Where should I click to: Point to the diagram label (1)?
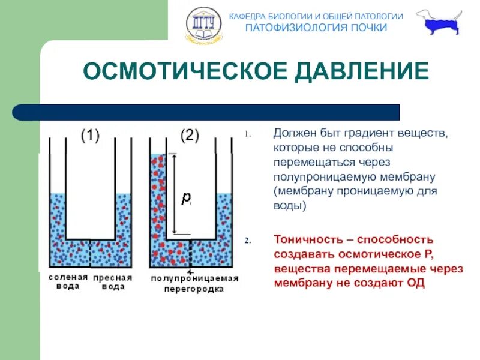90,136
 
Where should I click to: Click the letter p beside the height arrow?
186,197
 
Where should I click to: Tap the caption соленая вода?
68,282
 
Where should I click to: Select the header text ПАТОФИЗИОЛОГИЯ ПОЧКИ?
316,28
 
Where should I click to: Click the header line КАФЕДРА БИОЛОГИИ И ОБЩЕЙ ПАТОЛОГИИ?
316,16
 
